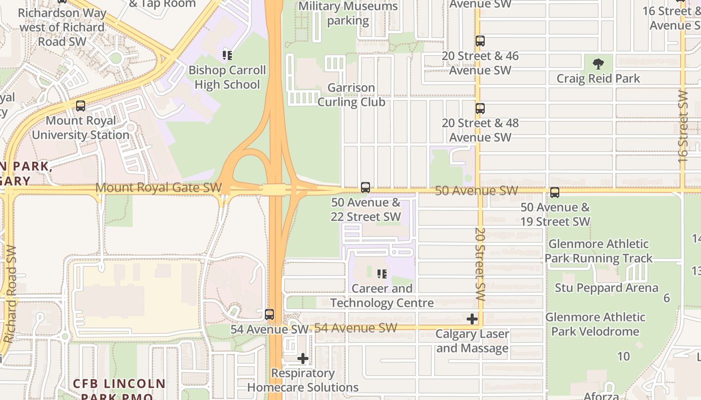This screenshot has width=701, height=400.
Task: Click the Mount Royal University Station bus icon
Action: tap(80, 106)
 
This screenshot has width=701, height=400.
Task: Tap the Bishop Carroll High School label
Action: tap(227, 77)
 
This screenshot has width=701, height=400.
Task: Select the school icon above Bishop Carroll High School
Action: tap(227, 55)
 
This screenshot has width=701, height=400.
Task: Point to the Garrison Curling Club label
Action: tap(352, 95)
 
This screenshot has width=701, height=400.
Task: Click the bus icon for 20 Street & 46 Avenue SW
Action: tap(480, 41)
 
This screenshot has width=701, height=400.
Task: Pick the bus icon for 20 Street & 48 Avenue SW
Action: tap(480, 108)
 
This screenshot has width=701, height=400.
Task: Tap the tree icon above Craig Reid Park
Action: tap(598, 63)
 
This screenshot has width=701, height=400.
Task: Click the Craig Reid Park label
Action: tap(598, 78)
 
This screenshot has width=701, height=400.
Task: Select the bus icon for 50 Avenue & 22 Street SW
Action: tap(366, 187)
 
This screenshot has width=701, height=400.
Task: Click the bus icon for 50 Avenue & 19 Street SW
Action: tap(554, 192)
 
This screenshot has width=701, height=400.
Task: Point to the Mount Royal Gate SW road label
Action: tap(158, 188)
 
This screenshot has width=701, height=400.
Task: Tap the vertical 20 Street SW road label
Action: tap(480, 264)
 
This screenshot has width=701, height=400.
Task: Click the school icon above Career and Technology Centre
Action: tap(382, 273)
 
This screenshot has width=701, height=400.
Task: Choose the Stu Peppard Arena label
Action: tap(606, 288)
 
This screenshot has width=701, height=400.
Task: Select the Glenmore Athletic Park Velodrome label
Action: tap(595, 324)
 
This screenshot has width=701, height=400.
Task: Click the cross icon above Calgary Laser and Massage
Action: tap(472, 319)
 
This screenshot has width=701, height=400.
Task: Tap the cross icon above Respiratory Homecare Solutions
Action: tap(302, 358)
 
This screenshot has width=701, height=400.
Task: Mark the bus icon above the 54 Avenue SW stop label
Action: tap(269, 314)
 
